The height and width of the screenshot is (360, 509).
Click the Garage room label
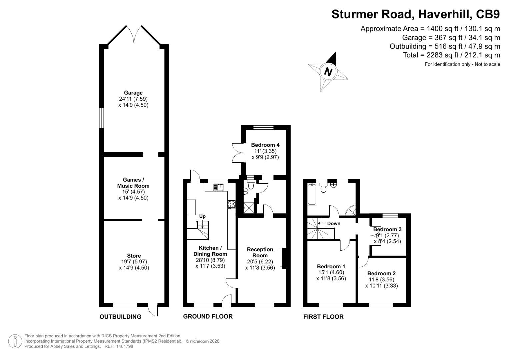click(x=133, y=93)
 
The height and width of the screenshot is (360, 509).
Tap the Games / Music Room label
click(x=133, y=183)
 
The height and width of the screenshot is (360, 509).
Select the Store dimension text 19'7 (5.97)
click(x=134, y=262)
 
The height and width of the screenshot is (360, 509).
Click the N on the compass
click(x=328, y=72)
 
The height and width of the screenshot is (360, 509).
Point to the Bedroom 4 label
click(x=265, y=145)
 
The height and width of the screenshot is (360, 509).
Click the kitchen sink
click(x=219, y=187)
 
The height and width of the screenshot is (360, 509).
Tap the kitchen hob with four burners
click(x=231, y=204)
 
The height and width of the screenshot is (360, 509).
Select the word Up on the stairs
click(x=202, y=216)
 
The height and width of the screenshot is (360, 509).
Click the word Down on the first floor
click(x=334, y=223)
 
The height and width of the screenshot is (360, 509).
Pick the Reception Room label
click(x=260, y=252)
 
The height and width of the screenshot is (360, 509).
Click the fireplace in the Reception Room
click(x=283, y=258)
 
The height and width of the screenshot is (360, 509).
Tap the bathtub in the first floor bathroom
click(x=312, y=194)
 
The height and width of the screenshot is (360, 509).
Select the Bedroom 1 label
click(x=331, y=266)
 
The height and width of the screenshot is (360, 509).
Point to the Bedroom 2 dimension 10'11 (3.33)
click(x=381, y=285)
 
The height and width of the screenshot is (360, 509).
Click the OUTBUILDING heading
click(x=120, y=317)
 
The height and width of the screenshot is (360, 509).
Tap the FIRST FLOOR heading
click(x=323, y=317)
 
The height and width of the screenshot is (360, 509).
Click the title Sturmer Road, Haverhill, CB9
click(x=415, y=14)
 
